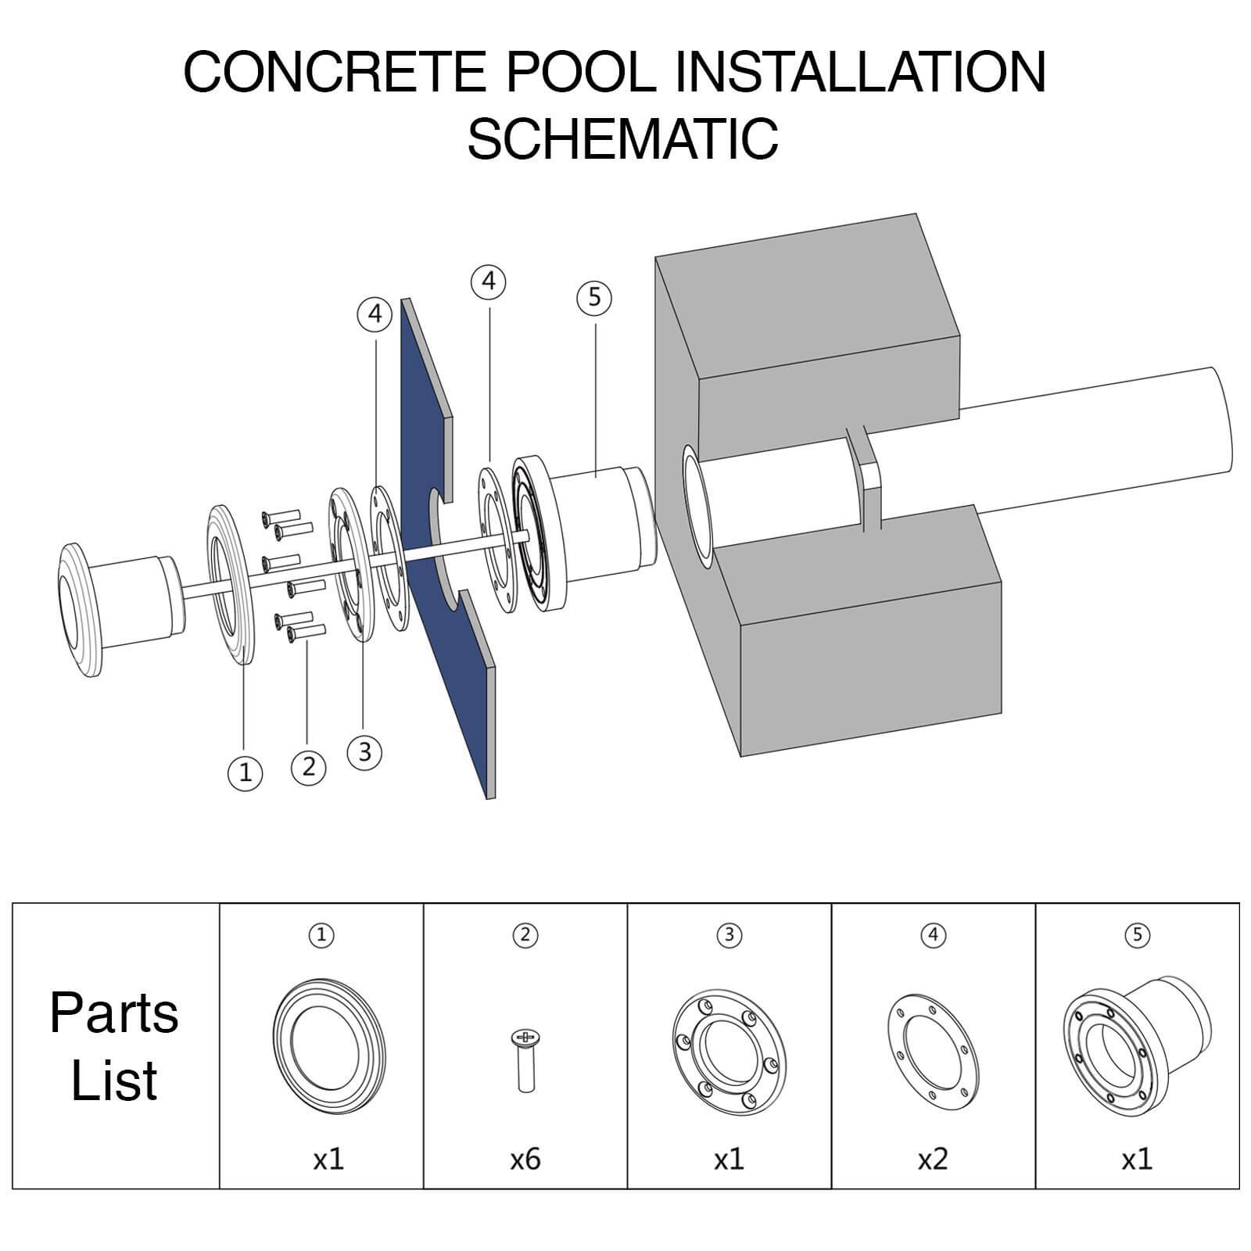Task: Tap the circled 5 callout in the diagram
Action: tap(594, 297)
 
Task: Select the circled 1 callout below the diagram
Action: tap(245, 772)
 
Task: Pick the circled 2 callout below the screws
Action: tap(308, 766)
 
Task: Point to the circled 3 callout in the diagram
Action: tap(364, 752)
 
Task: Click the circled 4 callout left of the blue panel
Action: tap(375, 314)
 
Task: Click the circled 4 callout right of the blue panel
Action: tap(489, 281)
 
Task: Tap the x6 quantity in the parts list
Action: tap(525, 1158)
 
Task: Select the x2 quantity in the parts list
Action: tap(933, 1158)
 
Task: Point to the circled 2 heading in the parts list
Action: tap(525, 934)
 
